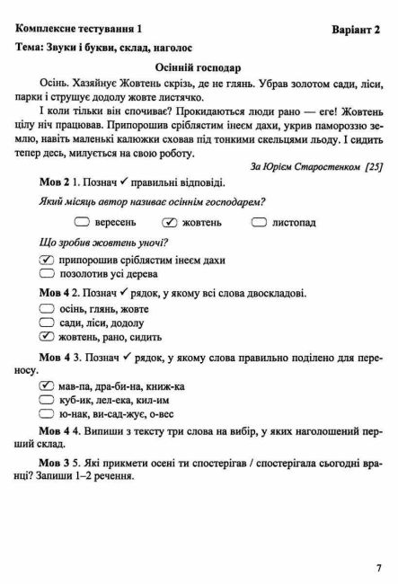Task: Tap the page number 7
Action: click(378, 567)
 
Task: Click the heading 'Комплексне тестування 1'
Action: click(76, 29)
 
